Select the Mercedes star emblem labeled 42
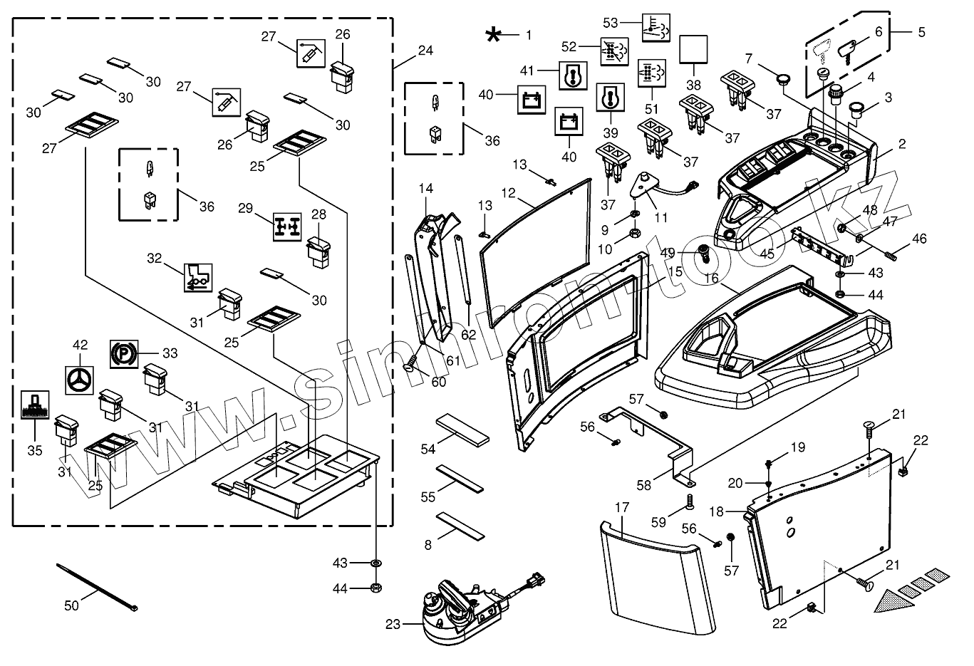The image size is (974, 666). click(x=80, y=380)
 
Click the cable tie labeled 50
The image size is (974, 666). click(x=97, y=587)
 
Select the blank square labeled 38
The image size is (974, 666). click(x=692, y=50)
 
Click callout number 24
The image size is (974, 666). click(x=425, y=51)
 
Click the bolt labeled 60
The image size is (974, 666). click(x=412, y=368)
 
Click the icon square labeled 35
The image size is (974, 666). click(x=34, y=405)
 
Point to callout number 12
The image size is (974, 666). click(x=508, y=193)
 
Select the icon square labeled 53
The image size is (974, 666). click(x=655, y=26)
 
